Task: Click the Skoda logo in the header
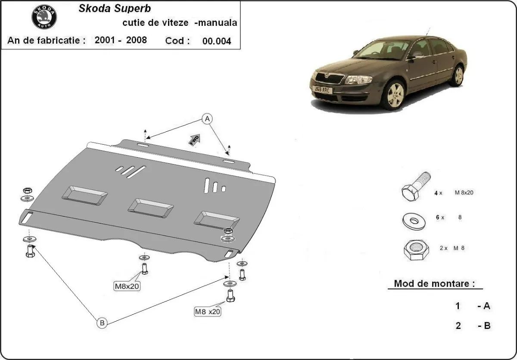point(44,17)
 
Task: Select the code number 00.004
point(216,41)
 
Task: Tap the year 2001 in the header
point(104,40)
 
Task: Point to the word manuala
point(215,23)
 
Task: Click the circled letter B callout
point(102,323)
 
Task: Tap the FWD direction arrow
point(194,139)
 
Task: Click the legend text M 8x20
point(464,192)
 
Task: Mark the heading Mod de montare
point(434,284)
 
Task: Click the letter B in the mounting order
point(487,326)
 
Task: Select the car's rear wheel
point(458,75)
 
